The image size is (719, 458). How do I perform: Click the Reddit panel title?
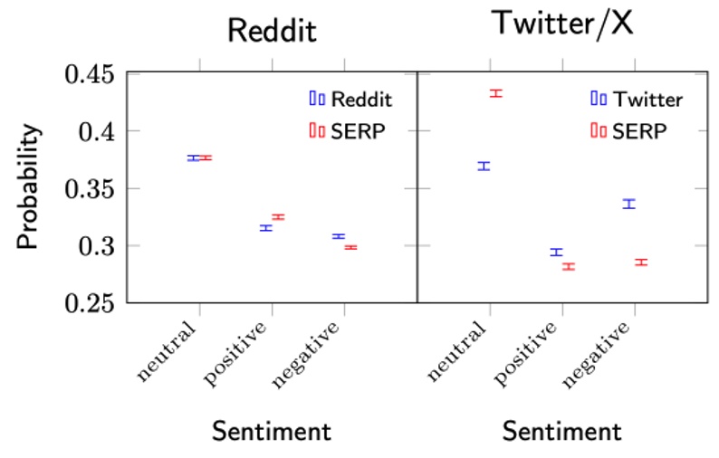(x=272, y=30)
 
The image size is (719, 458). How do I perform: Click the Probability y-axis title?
(x=29, y=187)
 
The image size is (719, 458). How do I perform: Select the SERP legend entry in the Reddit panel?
(x=347, y=131)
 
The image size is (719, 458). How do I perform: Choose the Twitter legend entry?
(x=636, y=99)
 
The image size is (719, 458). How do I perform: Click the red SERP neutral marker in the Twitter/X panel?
(x=495, y=93)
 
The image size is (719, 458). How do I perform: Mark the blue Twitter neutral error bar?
(x=484, y=166)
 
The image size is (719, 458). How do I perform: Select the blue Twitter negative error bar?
(x=628, y=204)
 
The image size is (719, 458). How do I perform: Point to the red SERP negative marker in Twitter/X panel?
(x=640, y=262)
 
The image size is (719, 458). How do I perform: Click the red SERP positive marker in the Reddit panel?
(x=278, y=217)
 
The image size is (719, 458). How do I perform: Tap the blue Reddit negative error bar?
(x=339, y=236)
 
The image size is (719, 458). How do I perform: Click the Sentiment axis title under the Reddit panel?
(x=272, y=431)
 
